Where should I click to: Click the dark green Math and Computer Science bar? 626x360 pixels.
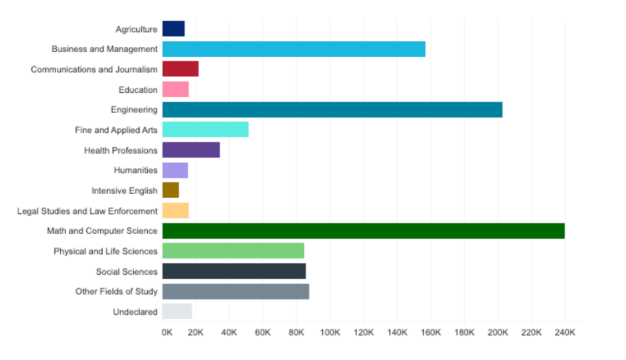tap(363, 231)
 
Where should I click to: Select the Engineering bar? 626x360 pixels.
tap(332, 110)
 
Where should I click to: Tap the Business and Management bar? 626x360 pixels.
tap(294, 49)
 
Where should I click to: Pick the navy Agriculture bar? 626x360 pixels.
tap(173, 29)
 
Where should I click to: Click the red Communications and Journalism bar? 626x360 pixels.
tap(180, 69)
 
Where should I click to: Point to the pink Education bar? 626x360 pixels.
tap(176, 89)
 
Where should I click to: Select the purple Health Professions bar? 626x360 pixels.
tap(191, 150)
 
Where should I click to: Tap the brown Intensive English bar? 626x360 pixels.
tap(170, 190)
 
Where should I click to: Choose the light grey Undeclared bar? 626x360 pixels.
tap(177, 311)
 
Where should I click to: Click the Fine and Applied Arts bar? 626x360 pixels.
tap(205, 130)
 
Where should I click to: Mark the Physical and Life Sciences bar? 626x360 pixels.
tap(233, 251)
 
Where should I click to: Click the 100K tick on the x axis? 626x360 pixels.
tap(330, 333)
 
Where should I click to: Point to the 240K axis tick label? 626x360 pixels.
tap(565, 333)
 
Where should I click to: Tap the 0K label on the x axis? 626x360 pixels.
tap(167, 333)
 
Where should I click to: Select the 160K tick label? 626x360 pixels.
tap(431, 333)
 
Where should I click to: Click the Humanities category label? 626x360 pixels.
tap(136, 170)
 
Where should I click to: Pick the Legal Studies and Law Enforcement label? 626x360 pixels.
tap(88, 211)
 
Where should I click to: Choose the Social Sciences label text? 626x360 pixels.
tap(126, 271)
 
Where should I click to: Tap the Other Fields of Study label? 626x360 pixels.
tap(116, 292)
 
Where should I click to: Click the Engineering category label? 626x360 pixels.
tap(134, 110)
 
